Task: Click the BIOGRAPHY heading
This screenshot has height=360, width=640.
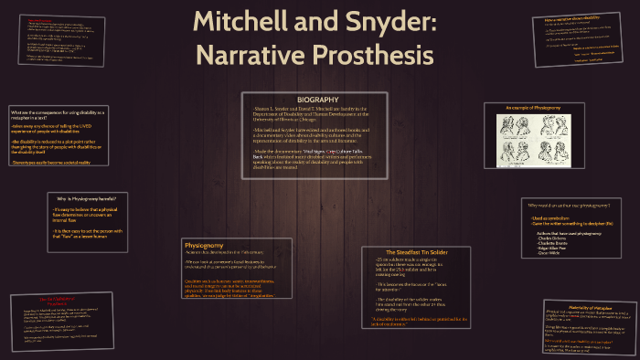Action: click(x=317, y=99)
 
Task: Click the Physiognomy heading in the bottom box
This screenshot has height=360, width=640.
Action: click(x=203, y=246)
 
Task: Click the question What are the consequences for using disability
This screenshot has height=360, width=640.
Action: click(x=60, y=111)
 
